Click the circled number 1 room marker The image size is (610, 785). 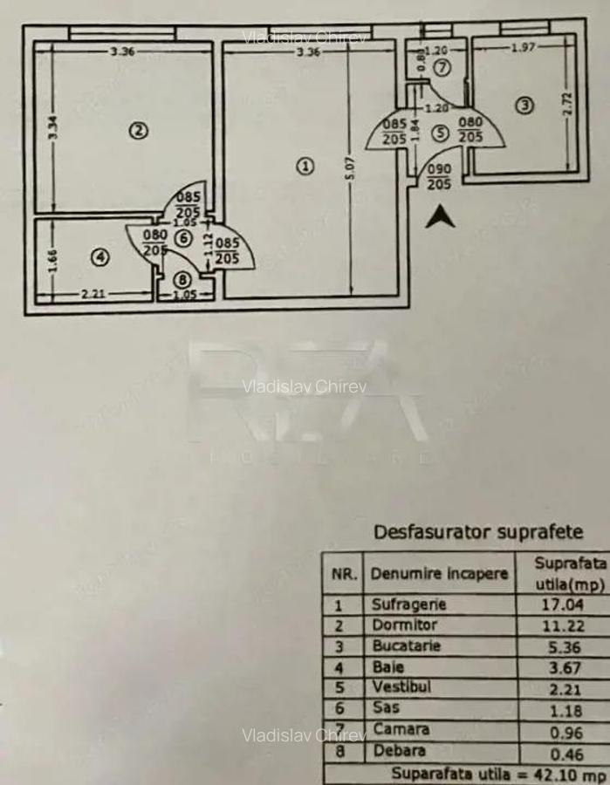[305, 165]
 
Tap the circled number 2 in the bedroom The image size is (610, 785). [137, 131]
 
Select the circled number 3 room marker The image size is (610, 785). [524, 106]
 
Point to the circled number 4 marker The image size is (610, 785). [100, 256]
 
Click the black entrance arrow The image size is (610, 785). [440, 216]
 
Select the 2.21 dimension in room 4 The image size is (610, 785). [93, 294]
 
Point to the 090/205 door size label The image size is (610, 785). [438, 177]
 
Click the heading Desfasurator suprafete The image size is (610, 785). [478, 531]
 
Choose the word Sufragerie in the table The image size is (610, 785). [408, 604]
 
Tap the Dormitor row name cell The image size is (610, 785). [404, 625]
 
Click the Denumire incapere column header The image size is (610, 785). [438, 575]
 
